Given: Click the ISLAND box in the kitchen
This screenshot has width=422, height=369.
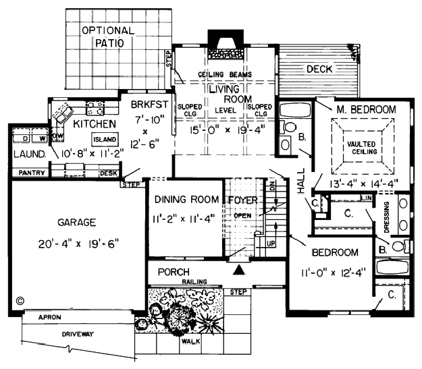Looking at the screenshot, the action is point(105,140).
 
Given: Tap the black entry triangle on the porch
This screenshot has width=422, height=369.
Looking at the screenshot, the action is point(239,270).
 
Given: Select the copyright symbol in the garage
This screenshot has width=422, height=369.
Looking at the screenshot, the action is point(20,301).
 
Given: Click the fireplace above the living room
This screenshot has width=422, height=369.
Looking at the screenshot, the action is point(226,45).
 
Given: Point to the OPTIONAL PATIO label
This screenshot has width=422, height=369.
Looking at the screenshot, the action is point(109,36).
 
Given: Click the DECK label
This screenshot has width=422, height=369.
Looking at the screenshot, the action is point(319,69).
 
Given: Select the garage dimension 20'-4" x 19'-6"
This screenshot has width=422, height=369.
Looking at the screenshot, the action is point(78,244).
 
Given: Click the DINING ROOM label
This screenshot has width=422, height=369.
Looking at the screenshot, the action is point(187,199).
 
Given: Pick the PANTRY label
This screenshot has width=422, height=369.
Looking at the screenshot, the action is point(32,173).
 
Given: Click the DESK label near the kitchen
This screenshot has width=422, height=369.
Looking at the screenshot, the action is point(109,173).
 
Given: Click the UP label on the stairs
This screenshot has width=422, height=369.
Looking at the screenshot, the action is point(271,244).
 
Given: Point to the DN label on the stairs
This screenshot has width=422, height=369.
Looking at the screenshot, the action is point(272,186).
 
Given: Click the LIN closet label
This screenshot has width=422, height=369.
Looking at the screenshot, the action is point(366,198).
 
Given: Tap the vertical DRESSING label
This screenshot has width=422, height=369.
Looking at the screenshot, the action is point(387,217).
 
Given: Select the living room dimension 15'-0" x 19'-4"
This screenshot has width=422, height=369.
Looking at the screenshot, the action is point(228,130).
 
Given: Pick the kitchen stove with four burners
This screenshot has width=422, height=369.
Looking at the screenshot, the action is point(95,107).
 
